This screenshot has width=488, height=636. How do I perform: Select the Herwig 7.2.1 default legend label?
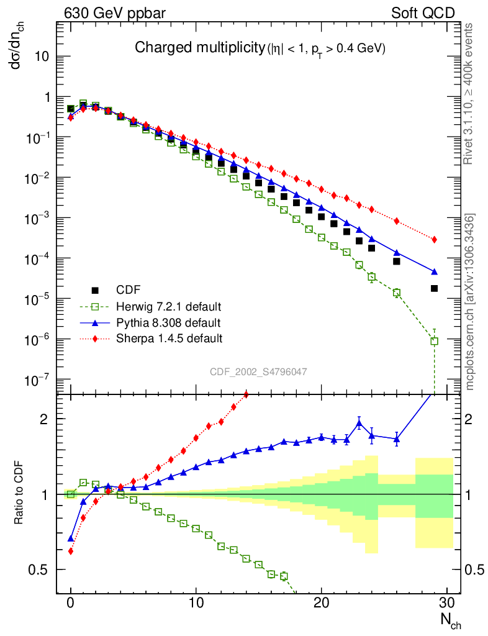(169, 306)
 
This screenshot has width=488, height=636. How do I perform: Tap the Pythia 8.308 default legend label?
(168, 322)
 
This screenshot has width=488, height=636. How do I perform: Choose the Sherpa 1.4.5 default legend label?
(169, 338)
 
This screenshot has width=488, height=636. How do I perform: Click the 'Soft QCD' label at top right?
(423, 13)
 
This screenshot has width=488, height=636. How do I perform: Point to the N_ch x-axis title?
(450, 619)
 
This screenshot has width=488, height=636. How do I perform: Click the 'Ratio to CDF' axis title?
(19, 494)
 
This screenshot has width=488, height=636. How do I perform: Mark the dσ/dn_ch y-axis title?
(22, 55)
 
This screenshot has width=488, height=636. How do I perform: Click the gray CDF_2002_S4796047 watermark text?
(258, 371)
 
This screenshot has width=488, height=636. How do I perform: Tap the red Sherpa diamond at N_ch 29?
(435, 239)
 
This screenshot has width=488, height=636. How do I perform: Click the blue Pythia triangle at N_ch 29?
(435, 271)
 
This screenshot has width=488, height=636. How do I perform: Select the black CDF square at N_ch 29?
(435, 288)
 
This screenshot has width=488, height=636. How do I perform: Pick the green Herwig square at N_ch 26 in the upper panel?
(397, 293)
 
